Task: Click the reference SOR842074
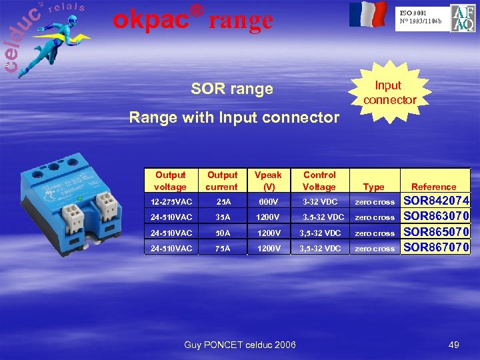[437, 201]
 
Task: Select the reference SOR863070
[437, 216]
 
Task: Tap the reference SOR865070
[437, 232]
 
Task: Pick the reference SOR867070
[437, 247]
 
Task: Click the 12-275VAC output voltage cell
[170, 201]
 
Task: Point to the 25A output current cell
[221, 201]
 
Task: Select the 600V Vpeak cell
[269, 201]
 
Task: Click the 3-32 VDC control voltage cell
[320, 201]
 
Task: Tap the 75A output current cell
[221, 249]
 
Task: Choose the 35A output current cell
[221, 217]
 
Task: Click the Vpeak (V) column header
[269, 181]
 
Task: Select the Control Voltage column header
[319, 181]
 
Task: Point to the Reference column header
[434, 187]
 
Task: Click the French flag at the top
[367, 14]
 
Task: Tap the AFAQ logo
[463, 18]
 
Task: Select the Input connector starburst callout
[389, 93]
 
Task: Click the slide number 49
[454, 345]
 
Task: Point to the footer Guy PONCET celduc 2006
[240, 345]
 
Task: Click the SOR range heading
[232, 89]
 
